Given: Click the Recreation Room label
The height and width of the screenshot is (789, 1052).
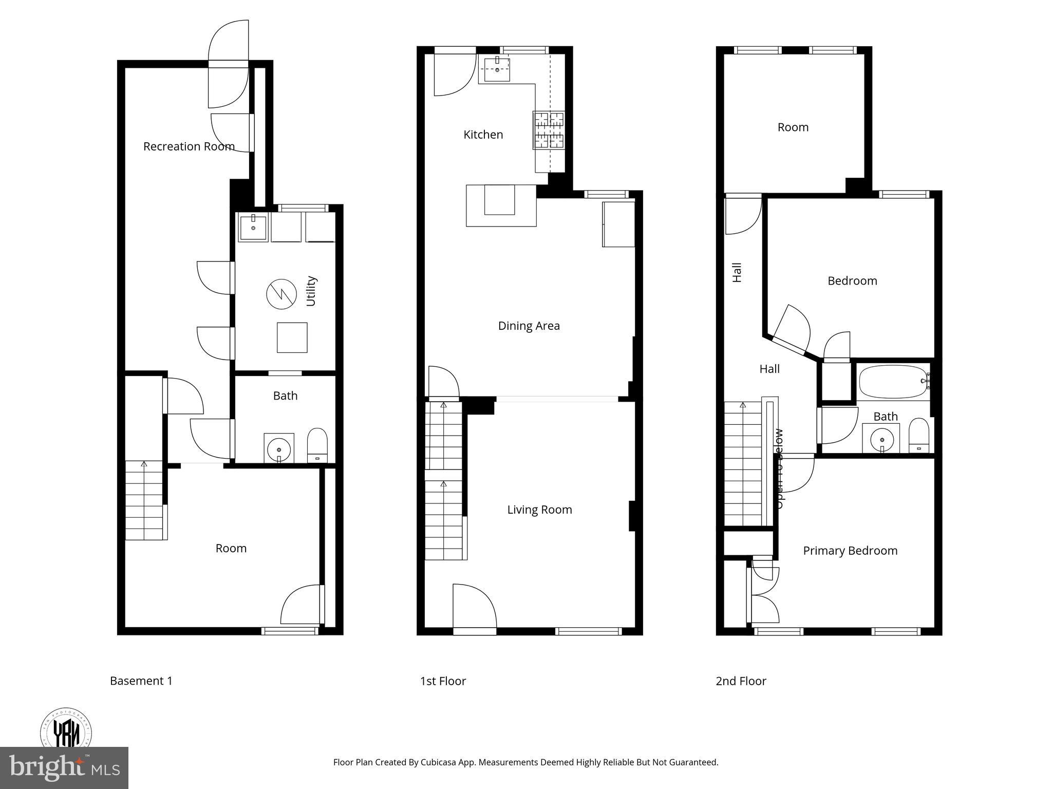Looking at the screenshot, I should pyautogui.click(x=189, y=146).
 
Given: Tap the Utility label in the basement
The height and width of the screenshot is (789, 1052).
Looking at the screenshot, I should pyautogui.click(x=311, y=291).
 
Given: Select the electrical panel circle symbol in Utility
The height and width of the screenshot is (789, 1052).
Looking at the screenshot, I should pyautogui.click(x=281, y=294).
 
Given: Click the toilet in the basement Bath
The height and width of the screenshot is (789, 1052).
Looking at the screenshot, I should pyautogui.click(x=317, y=445).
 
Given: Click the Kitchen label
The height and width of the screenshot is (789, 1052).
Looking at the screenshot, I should pyautogui.click(x=483, y=135).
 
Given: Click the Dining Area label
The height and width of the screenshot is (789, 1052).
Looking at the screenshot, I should pyautogui.click(x=529, y=326).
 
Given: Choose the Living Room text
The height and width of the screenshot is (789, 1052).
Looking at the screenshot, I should pyautogui.click(x=539, y=510).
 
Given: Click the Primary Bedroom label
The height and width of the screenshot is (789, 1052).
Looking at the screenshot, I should pyautogui.click(x=850, y=551).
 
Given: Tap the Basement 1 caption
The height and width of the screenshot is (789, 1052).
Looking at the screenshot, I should pyautogui.click(x=141, y=681).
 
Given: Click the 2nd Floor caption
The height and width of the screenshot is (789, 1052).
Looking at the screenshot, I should pyautogui.click(x=741, y=681).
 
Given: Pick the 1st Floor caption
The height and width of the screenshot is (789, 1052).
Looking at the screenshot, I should pyautogui.click(x=443, y=681).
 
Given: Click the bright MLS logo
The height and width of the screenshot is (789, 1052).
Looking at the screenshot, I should pyautogui.click(x=64, y=767).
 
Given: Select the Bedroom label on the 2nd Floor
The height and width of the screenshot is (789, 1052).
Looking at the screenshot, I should pyautogui.click(x=852, y=281).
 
